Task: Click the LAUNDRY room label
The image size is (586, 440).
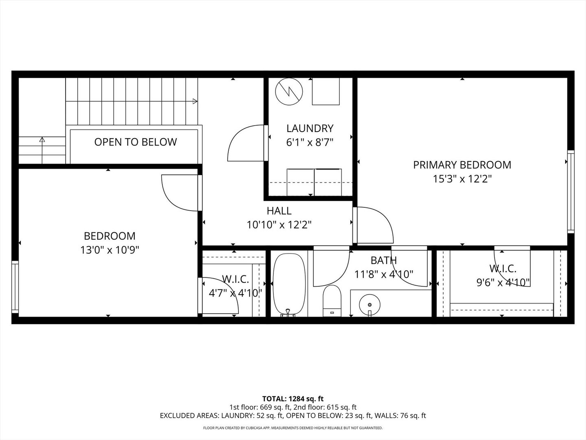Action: (310, 128)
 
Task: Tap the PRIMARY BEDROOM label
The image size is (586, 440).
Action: (462, 165)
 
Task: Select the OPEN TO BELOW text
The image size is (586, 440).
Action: (136, 142)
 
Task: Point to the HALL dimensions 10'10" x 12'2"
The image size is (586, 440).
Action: (279, 225)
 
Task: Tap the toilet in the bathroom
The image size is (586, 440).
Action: (332, 301)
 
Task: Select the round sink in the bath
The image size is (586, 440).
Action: (370, 305)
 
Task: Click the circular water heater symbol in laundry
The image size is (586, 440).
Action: (289, 92)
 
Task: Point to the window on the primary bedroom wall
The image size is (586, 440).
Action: (571, 191)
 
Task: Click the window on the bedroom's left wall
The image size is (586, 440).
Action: (15, 287)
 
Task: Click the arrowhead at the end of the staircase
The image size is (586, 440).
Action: (195, 101)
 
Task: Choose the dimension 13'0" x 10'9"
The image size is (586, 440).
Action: (110, 250)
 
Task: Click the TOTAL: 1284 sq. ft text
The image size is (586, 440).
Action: (293, 399)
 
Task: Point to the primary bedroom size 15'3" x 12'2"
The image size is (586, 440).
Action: (462, 179)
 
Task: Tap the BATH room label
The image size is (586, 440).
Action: (384, 260)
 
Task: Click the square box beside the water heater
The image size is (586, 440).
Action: (326, 91)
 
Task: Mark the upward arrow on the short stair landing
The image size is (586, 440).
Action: (42, 150)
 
